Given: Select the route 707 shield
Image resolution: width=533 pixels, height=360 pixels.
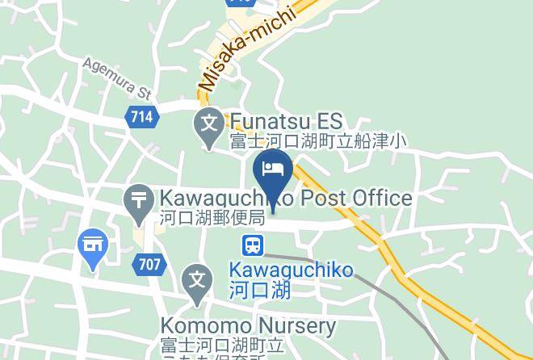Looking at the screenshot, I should click(x=150, y=264).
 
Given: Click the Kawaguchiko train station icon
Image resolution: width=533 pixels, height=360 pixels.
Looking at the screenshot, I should click(x=253, y=244).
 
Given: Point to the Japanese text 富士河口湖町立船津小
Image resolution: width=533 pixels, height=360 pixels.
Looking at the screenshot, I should click(x=317, y=142).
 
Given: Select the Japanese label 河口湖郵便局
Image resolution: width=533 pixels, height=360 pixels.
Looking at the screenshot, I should click(x=212, y=218).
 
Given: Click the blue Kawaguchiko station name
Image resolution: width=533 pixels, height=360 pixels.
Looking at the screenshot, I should click(x=291, y=270).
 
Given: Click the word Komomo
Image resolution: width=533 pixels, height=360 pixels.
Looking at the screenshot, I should click(x=199, y=327).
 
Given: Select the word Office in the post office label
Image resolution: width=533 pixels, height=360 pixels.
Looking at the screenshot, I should click(x=382, y=198).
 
